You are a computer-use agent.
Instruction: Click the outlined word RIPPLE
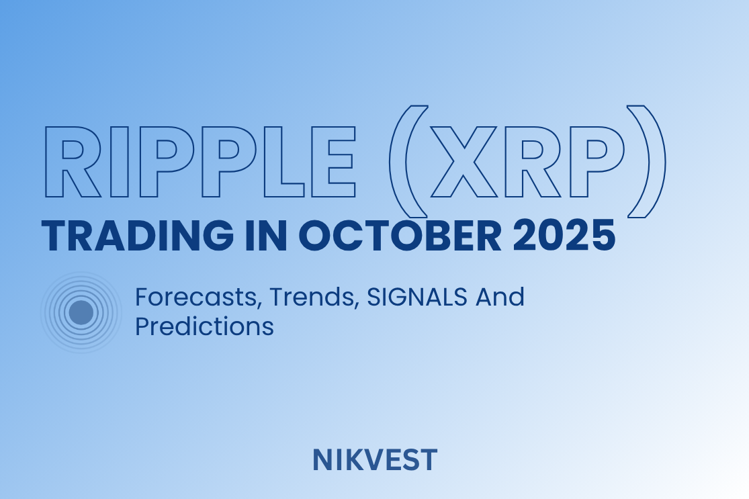(x=200, y=162)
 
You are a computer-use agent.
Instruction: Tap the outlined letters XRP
(x=527, y=162)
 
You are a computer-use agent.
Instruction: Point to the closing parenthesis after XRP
(x=646, y=161)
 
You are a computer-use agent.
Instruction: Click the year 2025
(x=564, y=236)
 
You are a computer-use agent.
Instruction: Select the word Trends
(x=314, y=297)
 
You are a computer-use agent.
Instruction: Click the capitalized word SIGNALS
(x=417, y=297)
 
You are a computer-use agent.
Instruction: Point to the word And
(x=500, y=297)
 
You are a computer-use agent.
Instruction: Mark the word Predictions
(x=204, y=326)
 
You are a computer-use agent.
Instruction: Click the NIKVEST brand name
(x=375, y=460)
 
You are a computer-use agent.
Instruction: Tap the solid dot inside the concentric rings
(x=81, y=312)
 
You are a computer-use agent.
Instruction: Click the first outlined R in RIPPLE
(x=73, y=162)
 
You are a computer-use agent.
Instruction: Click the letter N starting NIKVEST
(x=323, y=460)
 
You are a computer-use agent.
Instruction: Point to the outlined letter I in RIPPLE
(x=118, y=162)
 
